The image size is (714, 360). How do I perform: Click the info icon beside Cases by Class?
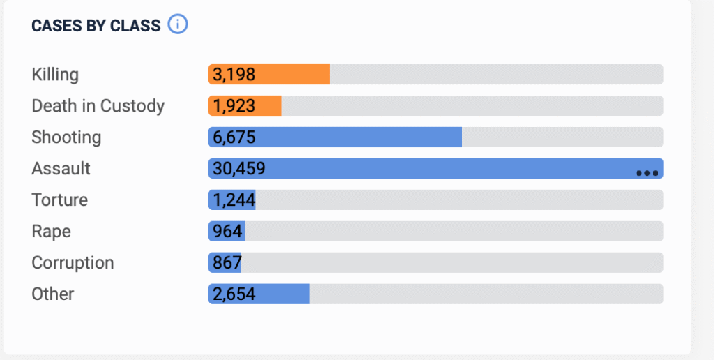point(178,25)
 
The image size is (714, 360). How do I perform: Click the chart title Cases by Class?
point(96,26)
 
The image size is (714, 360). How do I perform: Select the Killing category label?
point(55,74)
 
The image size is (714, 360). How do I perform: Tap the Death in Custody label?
point(98,105)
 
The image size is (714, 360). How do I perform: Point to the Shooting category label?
point(66,137)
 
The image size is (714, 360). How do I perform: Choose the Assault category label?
point(61,168)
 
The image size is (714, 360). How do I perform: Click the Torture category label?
point(60,200)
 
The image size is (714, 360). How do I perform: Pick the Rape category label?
point(52,231)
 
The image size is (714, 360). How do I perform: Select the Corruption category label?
point(73,262)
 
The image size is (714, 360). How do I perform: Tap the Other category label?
point(53,294)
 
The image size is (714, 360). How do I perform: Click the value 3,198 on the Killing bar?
point(234,74)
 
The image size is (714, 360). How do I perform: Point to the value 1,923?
point(234,105)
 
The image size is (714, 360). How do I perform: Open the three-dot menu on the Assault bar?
point(647,172)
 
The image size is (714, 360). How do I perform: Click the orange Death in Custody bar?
point(269,105)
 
